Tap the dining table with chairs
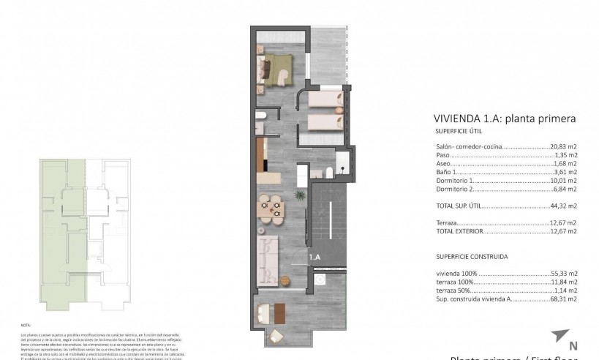coord(271,209)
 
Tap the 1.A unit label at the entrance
coord(314,258)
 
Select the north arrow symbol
coord(560,337)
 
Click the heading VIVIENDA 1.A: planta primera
coord(505,118)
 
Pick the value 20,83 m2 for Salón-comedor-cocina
coord(563,147)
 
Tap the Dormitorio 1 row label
coord(455,180)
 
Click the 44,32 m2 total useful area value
coord(563,206)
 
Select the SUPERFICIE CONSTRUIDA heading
coord(471,257)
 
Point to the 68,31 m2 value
coord(563,299)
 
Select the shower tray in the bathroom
coord(342,162)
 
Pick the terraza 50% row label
coord(452,290)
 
